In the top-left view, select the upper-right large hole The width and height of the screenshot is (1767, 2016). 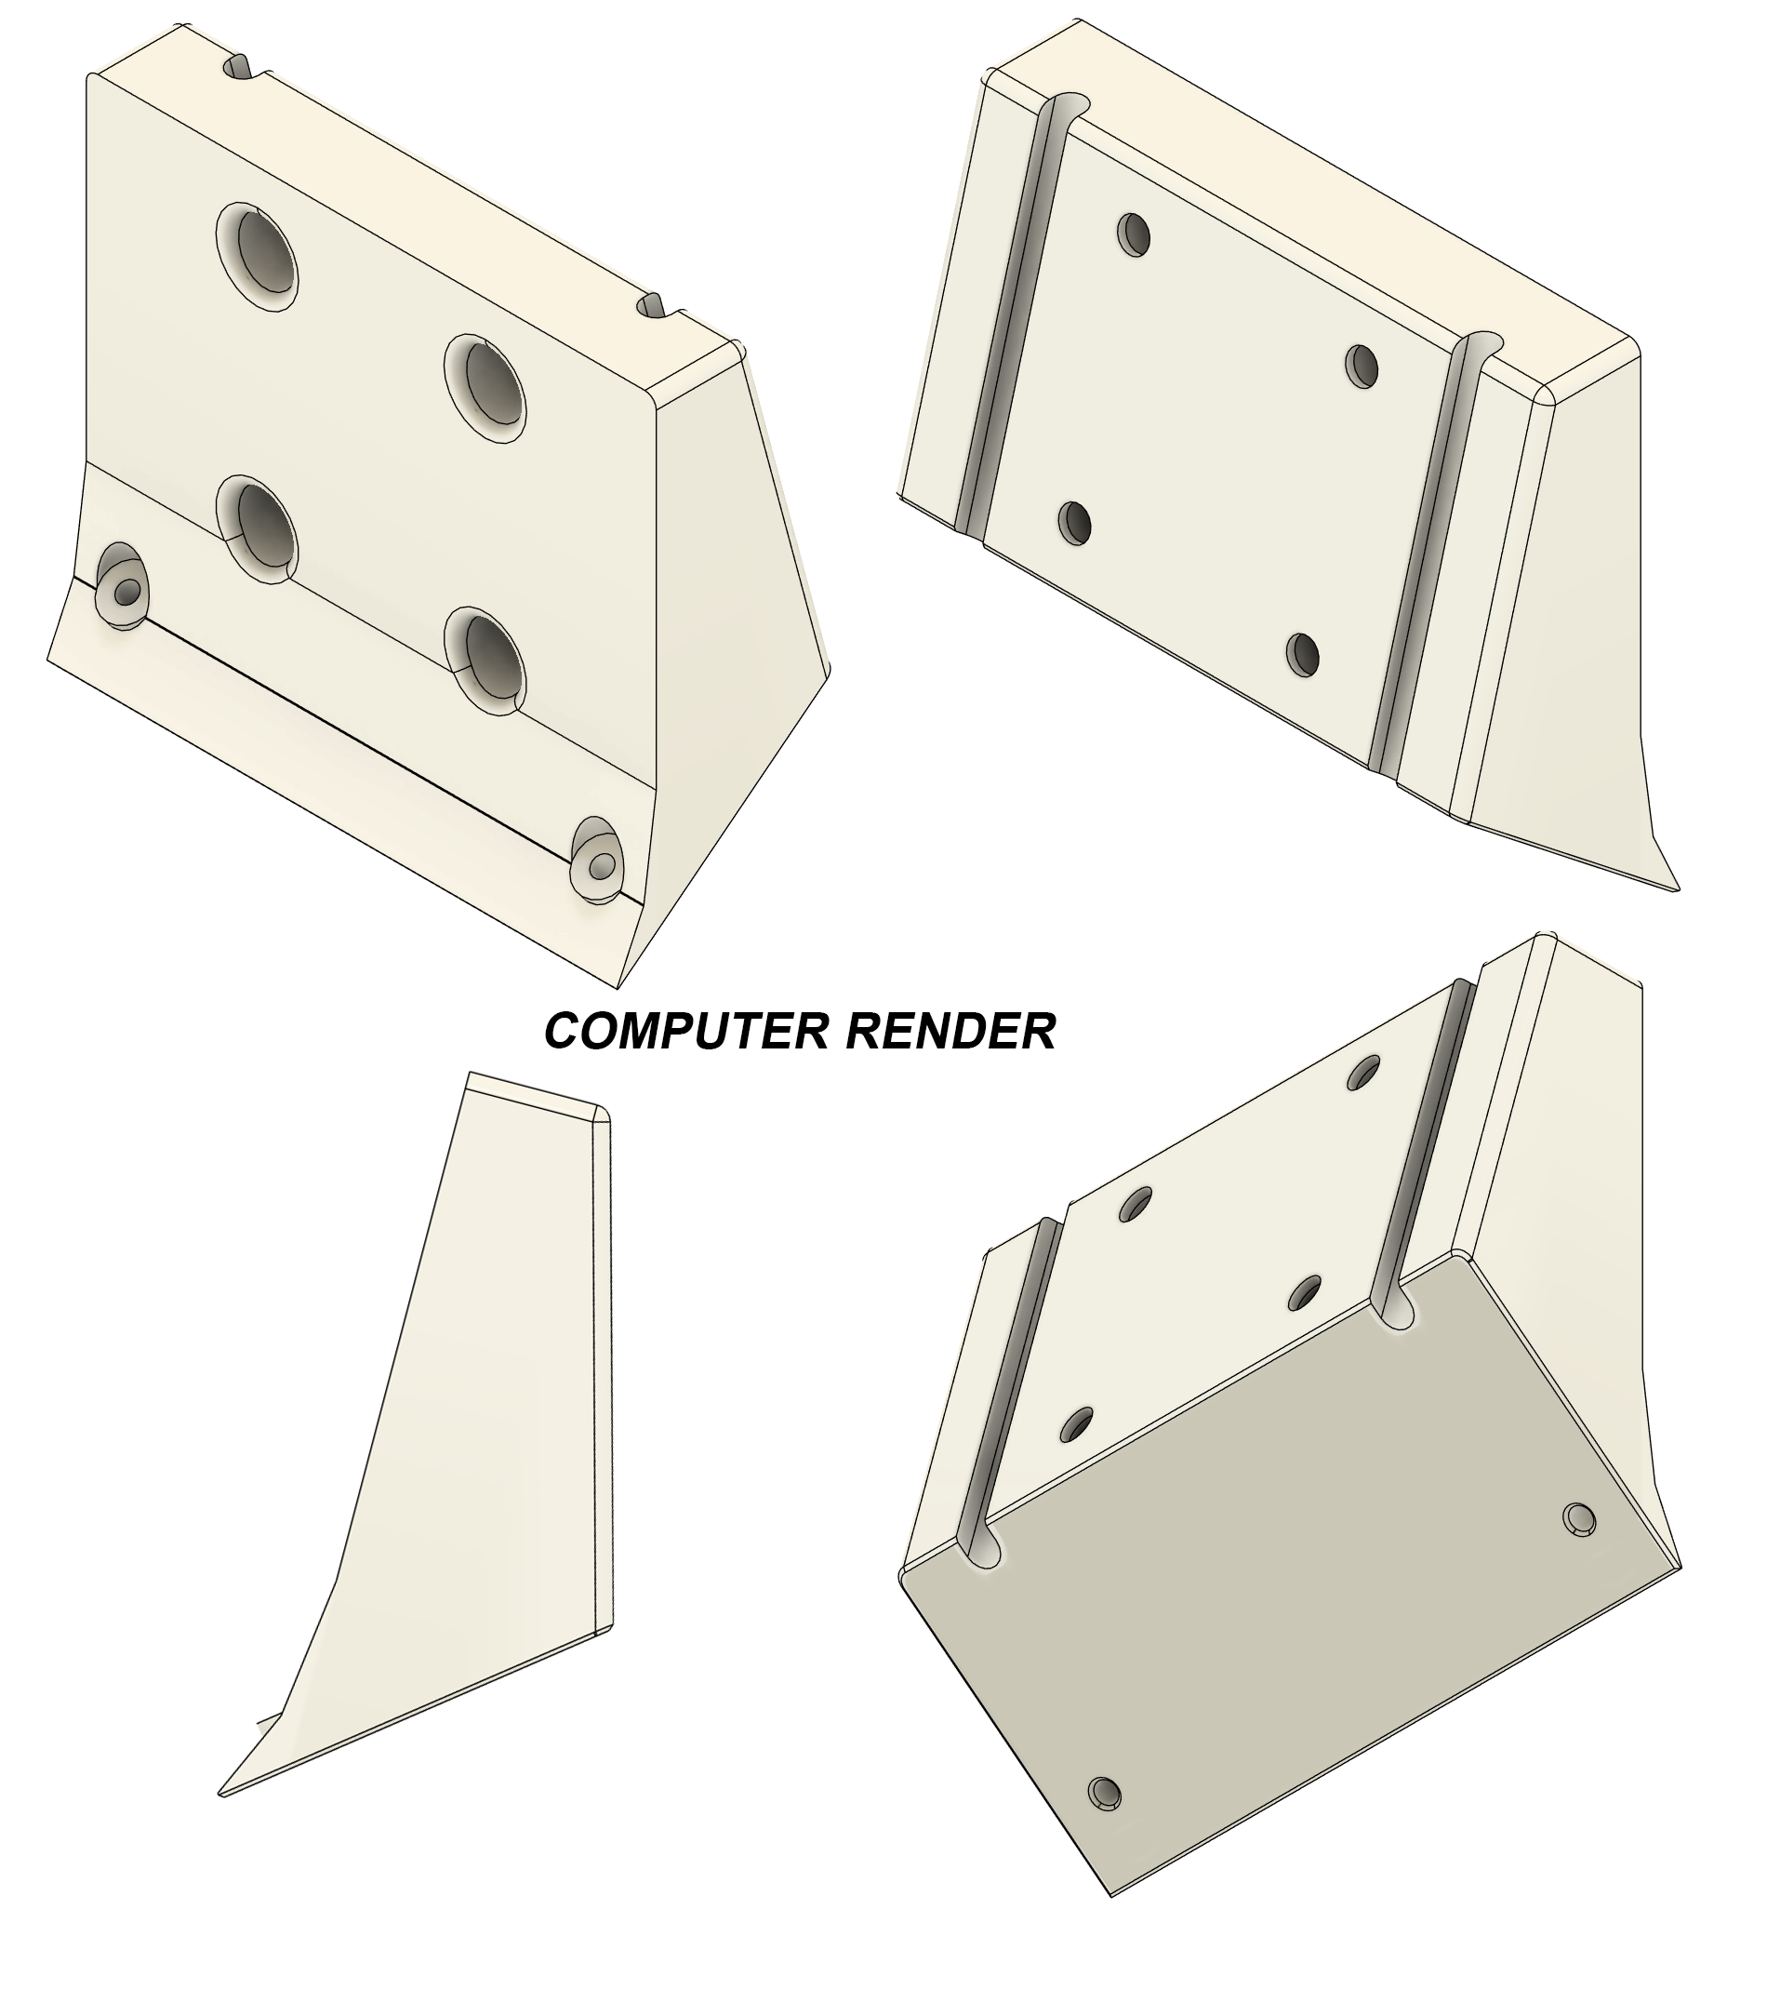tap(485, 389)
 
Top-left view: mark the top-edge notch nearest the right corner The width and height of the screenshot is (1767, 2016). tap(654, 304)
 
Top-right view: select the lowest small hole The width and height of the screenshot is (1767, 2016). tap(1304, 654)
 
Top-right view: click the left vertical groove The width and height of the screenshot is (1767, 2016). tap(1012, 315)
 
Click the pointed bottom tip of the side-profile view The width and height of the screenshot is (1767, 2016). tap(221, 1793)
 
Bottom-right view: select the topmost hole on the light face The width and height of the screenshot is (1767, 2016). tap(1364, 1072)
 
